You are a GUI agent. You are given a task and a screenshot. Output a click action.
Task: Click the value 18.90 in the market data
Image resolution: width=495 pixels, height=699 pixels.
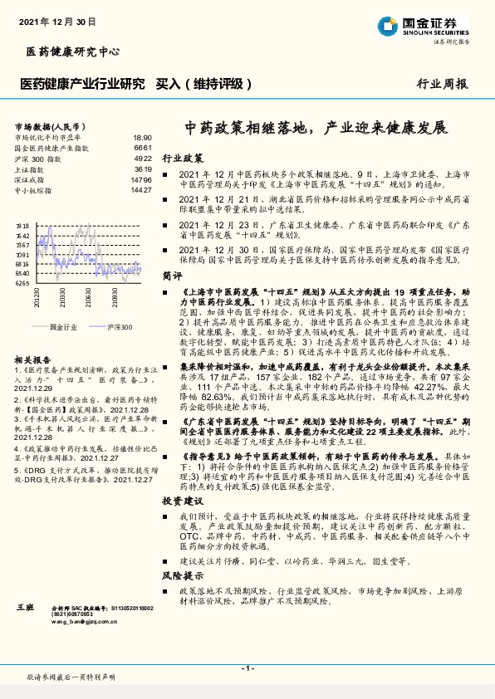(142, 137)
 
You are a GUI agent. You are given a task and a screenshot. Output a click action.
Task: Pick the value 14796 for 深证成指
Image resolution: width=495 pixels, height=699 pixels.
(141, 179)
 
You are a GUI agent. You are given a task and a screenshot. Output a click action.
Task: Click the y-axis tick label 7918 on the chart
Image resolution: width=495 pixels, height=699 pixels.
(22, 226)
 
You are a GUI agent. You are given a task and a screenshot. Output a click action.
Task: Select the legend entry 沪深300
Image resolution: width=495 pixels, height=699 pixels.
(96, 328)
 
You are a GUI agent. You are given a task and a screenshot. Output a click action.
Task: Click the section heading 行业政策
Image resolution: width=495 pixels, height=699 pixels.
(182, 157)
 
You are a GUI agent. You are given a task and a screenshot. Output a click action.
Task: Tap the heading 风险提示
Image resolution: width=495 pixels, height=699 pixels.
(182, 574)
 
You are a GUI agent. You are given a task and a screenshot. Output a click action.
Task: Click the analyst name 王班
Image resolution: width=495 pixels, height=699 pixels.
(25, 609)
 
